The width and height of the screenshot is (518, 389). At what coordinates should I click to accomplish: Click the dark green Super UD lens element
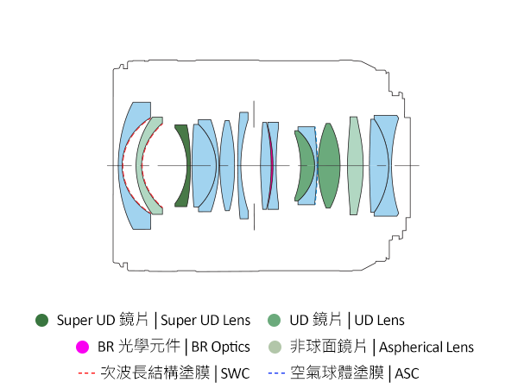[183, 166]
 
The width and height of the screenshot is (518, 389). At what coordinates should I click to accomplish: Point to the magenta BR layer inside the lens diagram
[271, 165]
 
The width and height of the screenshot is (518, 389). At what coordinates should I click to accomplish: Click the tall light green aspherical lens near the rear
[355, 165]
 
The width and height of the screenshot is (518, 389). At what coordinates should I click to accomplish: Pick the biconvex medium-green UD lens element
[329, 165]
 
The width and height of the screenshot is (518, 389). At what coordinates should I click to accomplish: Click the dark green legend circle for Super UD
[41, 320]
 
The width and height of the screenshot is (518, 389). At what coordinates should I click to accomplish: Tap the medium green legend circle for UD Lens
[275, 320]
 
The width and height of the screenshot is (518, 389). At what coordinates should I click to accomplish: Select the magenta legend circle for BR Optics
[82, 347]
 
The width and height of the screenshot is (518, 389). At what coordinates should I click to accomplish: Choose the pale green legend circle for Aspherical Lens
[275, 347]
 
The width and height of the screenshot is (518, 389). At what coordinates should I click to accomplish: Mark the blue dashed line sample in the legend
[275, 373]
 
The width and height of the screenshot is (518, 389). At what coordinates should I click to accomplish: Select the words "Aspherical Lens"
[426, 347]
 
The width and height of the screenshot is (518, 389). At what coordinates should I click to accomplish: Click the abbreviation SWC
[236, 373]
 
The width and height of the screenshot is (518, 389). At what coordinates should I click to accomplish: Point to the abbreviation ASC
[407, 373]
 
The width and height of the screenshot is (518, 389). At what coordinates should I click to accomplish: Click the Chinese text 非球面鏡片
[329, 347]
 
